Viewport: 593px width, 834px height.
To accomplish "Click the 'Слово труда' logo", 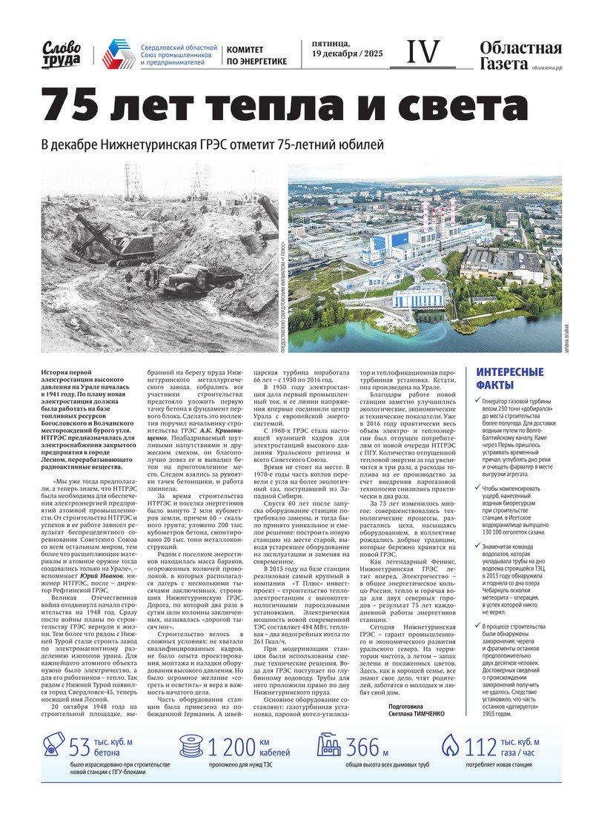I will click(62, 53).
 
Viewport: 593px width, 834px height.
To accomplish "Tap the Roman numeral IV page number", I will click(423, 52).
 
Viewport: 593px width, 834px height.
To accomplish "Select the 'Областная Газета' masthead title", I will click(520, 56).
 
